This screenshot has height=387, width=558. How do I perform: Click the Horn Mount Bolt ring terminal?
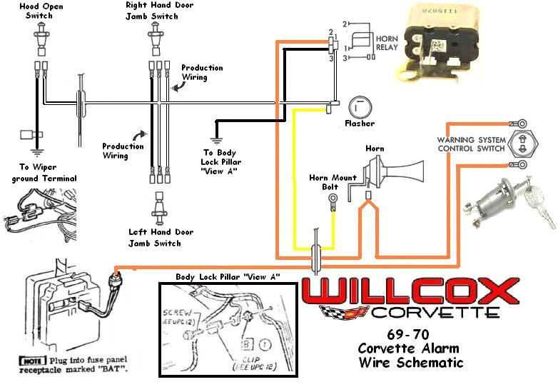click(x=333, y=204)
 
